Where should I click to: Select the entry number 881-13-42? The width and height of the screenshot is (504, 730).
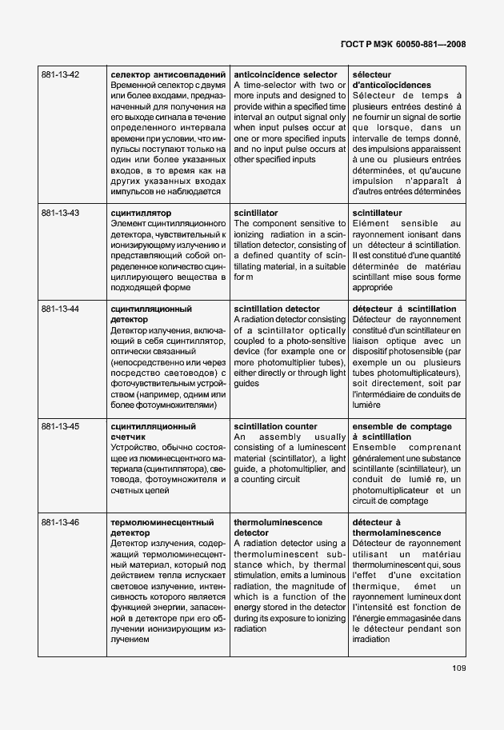click(x=60, y=74)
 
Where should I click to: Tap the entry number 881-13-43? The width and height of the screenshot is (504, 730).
click(x=60, y=213)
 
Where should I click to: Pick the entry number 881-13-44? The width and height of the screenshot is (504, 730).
click(x=60, y=309)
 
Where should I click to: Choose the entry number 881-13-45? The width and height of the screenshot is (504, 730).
click(x=60, y=427)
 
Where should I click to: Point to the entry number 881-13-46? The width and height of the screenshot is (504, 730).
click(x=60, y=522)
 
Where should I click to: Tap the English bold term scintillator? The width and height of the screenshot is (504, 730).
click(x=256, y=213)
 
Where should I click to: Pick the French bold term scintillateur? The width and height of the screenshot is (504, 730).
click(x=378, y=213)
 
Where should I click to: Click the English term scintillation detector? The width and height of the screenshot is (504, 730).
click(x=276, y=309)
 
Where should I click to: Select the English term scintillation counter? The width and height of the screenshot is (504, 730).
click(x=274, y=427)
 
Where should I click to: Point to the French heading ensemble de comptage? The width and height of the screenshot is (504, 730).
click(x=402, y=427)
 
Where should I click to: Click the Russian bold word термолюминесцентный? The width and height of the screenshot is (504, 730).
click(x=162, y=522)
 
